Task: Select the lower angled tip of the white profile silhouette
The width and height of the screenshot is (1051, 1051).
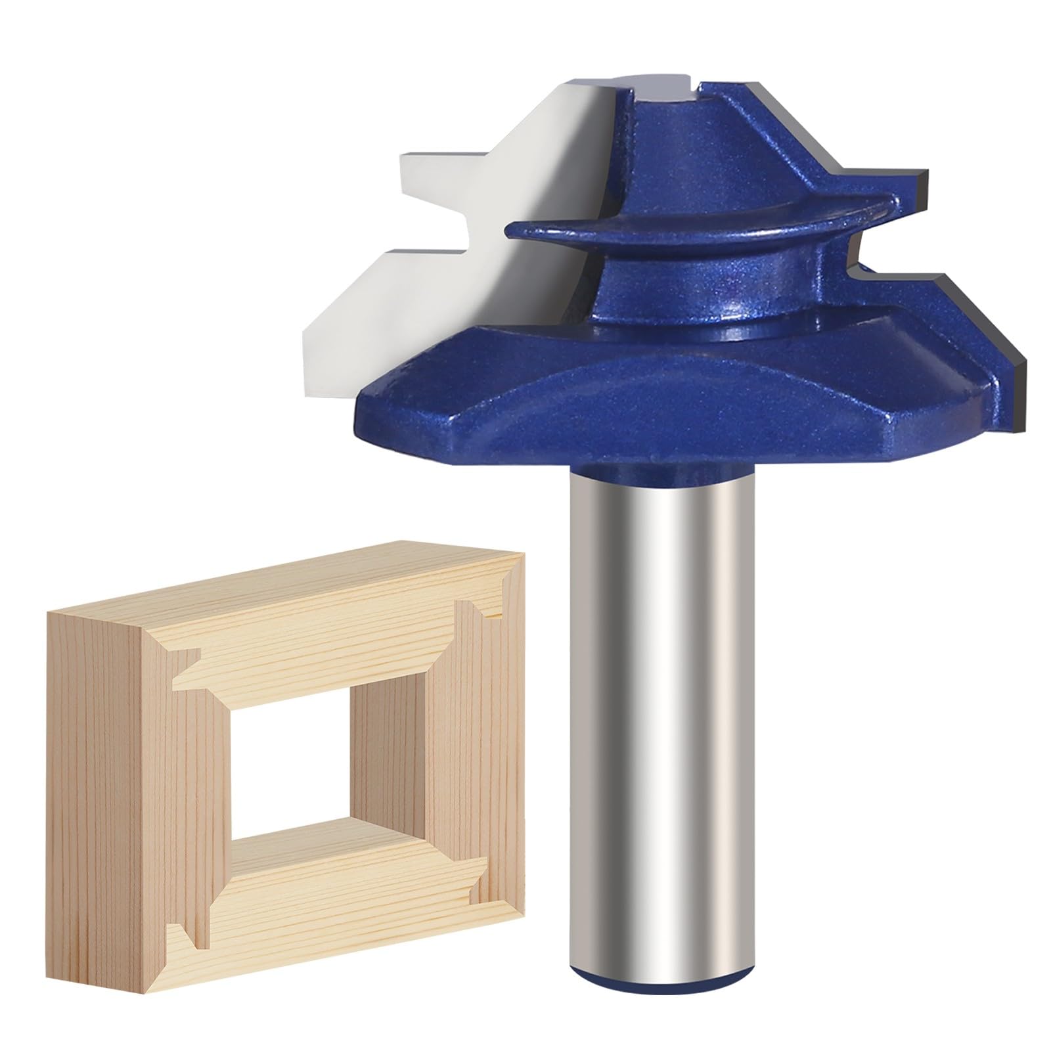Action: coord(328,342)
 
